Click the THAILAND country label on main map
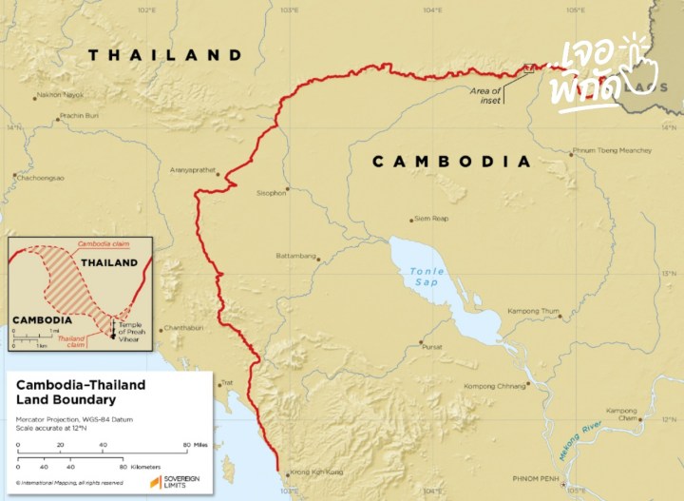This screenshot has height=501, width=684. pyautogui.click(x=165, y=54)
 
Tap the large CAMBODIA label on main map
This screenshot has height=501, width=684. pyautogui.click(x=450, y=162)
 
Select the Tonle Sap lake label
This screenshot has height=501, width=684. pyautogui.click(x=427, y=276)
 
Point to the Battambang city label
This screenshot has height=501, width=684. pyautogui.click(x=295, y=256)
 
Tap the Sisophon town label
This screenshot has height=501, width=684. pyautogui.click(x=271, y=193)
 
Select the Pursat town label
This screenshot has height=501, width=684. pyautogui.click(x=432, y=347)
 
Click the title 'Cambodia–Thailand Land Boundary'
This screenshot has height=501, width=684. pyautogui.click(x=81, y=392)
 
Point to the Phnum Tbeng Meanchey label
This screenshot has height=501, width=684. pyautogui.click(x=612, y=150)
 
